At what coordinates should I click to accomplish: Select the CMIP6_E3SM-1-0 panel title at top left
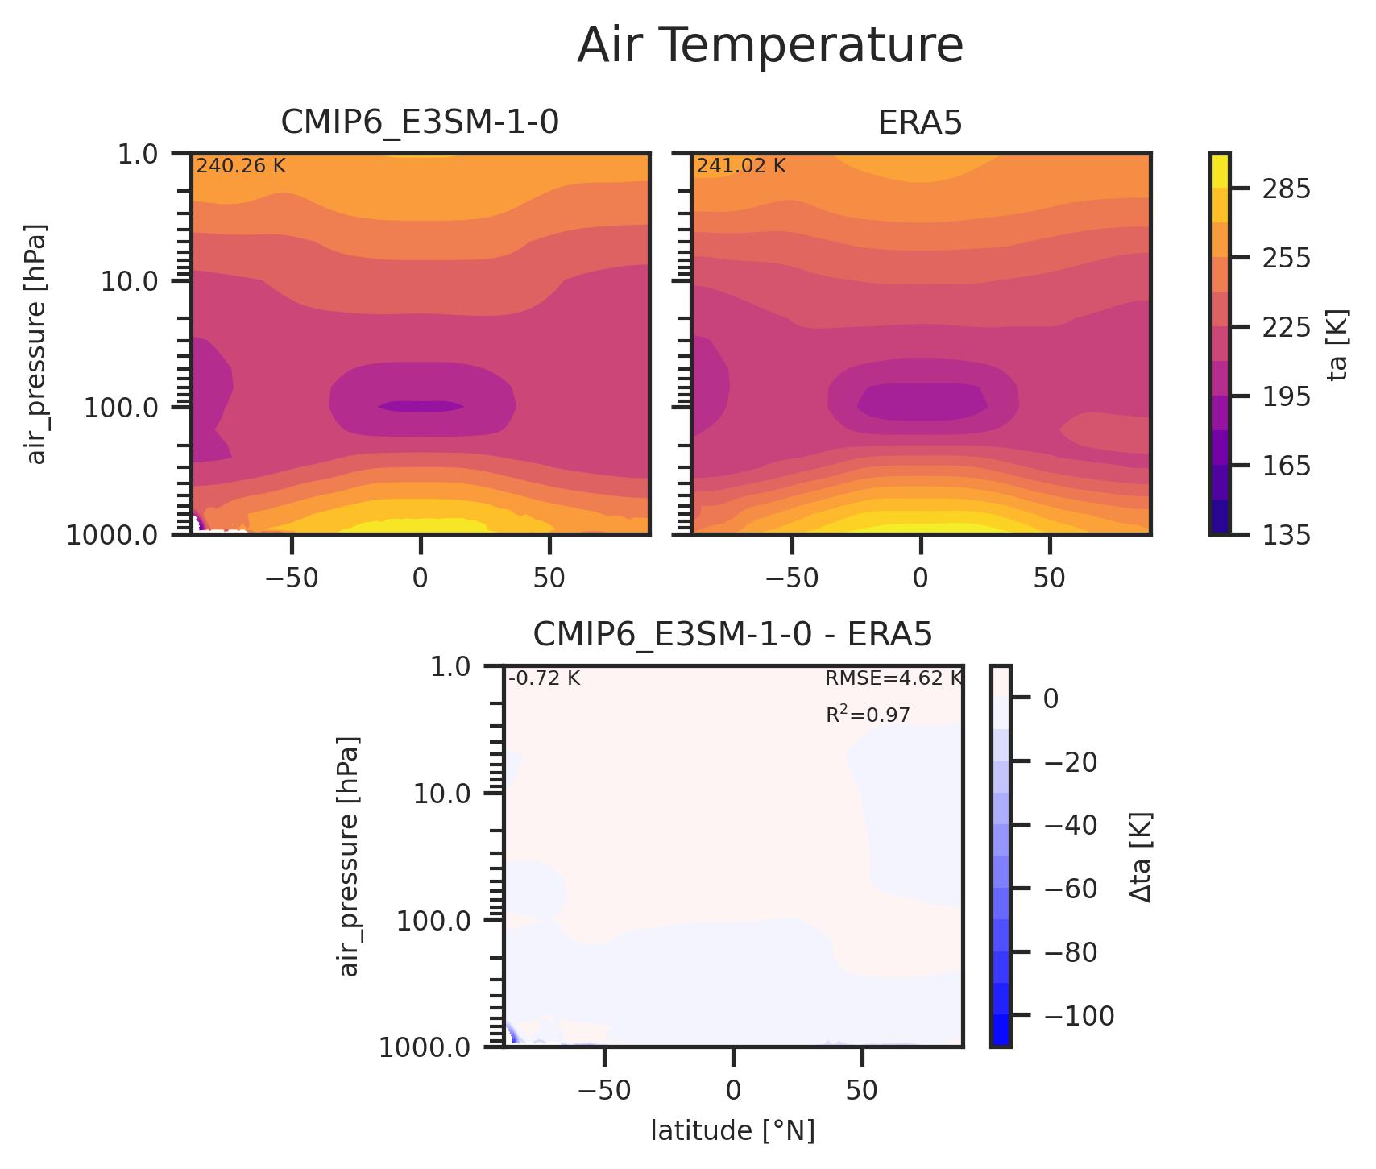click(420, 122)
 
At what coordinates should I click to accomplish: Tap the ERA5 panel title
click(920, 122)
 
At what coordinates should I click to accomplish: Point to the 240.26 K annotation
click(241, 166)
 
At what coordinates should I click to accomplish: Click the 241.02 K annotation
click(741, 166)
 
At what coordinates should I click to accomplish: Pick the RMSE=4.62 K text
click(893, 678)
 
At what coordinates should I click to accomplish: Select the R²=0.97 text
click(868, 715)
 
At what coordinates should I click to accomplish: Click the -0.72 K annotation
click(544, 678)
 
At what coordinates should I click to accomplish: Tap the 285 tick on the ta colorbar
click(1284, 189)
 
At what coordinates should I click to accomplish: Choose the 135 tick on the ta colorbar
click(1284, 534)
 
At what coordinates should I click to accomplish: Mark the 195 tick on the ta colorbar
click(1284, 396)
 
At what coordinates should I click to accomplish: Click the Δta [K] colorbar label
click(1141, 856)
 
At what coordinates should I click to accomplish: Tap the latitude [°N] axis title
click(732, 1131)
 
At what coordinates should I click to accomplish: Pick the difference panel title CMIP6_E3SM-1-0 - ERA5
click(732, 636)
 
